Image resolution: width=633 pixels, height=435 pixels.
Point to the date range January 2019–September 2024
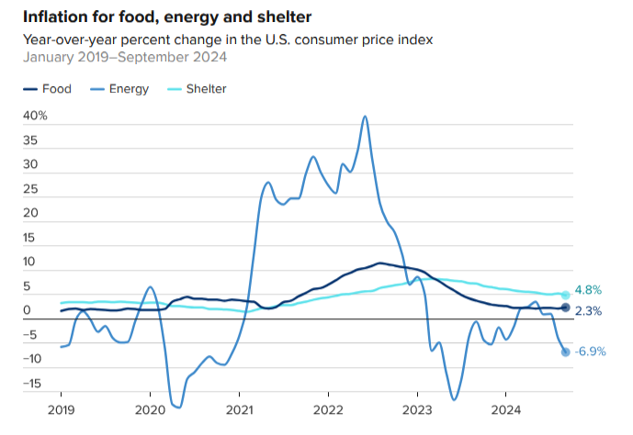tap(125, 58)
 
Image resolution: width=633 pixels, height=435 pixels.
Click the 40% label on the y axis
tap(36, 117)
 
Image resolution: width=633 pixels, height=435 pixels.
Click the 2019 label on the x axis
tap(61, 408)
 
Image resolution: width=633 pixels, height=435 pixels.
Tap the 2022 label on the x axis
tap(328, 408)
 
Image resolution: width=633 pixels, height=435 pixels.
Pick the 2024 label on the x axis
tap(506, 408)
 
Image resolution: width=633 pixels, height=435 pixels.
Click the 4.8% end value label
tap(588, 290)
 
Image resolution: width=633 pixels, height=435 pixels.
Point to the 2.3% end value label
tap(588, 311)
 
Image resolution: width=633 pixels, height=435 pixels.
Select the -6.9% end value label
tap(590, 351)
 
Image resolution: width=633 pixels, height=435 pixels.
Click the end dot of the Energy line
tap(565, 351)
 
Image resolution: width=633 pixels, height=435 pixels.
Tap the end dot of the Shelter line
tap(566, 295)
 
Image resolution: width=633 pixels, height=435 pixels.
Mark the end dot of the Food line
tap(566, 308)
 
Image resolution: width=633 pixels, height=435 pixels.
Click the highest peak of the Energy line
tap(366, 117)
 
